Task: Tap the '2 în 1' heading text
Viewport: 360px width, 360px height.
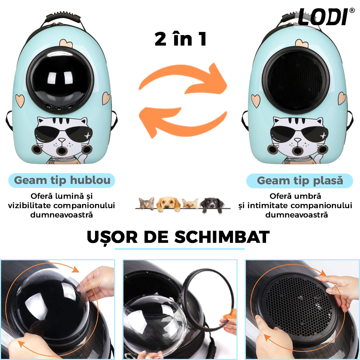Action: point(181,39)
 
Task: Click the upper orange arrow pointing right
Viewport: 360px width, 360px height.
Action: point(184,78)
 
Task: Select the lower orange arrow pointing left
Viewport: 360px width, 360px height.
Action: point(183,123)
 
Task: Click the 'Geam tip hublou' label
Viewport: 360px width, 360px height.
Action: point(62,180)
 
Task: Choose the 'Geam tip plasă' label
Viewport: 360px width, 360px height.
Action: point(300,181)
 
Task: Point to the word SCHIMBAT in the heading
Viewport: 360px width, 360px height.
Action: point(222,237)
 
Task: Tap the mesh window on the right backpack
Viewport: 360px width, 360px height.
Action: point(296,80)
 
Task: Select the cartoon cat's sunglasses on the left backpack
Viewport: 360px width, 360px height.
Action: point(64,134)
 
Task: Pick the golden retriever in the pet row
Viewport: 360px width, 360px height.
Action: point(168,204)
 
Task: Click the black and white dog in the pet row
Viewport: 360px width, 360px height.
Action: point(212,204)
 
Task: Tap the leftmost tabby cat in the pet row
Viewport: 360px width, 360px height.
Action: point(147,203)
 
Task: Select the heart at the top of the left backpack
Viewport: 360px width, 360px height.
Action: point(66,43)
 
